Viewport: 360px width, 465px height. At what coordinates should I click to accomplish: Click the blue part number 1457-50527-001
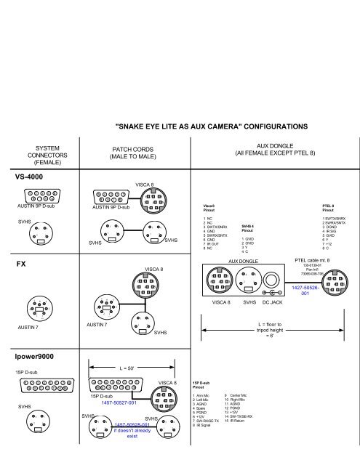(119, 403)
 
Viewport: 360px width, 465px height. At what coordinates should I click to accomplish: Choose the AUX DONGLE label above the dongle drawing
(244, 260)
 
